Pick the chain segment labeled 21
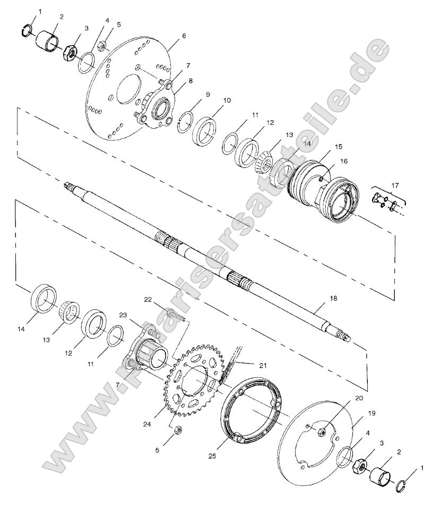234,361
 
